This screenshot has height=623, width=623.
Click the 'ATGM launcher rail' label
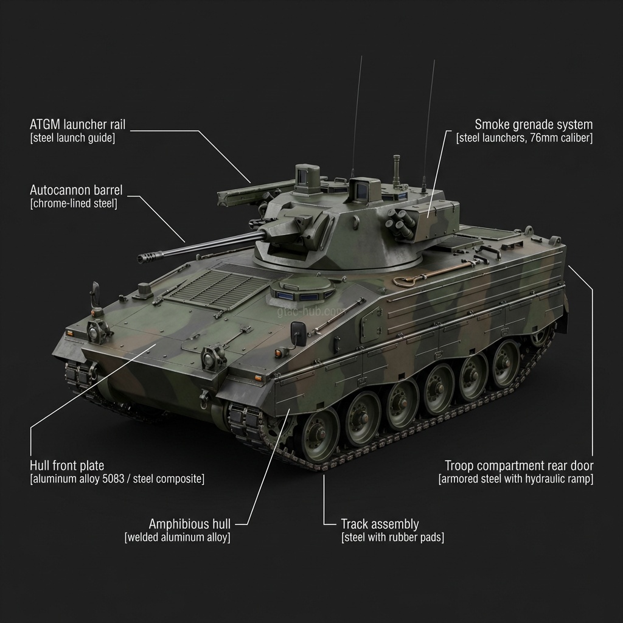(x=77, y=125)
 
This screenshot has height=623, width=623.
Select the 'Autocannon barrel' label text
(x=76, y=190)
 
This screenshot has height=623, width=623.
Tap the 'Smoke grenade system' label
(x=533, y=125)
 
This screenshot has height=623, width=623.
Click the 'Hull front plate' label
(x=67, y=466)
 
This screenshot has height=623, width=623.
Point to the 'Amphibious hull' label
(x=190, y=524)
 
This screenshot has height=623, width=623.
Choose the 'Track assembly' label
(x=380, y=524)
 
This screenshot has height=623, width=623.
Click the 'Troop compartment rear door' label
(x=519, y=466)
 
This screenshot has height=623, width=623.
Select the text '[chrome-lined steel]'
(x=74, y=204)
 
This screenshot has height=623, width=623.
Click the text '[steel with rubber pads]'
(x=392, y=537)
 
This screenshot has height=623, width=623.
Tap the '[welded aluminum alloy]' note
(x=178, y=537)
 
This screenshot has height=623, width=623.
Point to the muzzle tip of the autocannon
(x=144, y=259)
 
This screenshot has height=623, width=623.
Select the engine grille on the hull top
(x=215, y=286)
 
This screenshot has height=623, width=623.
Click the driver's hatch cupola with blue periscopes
(x=302, y=288)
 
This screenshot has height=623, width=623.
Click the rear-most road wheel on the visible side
(x=506, y=364)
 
